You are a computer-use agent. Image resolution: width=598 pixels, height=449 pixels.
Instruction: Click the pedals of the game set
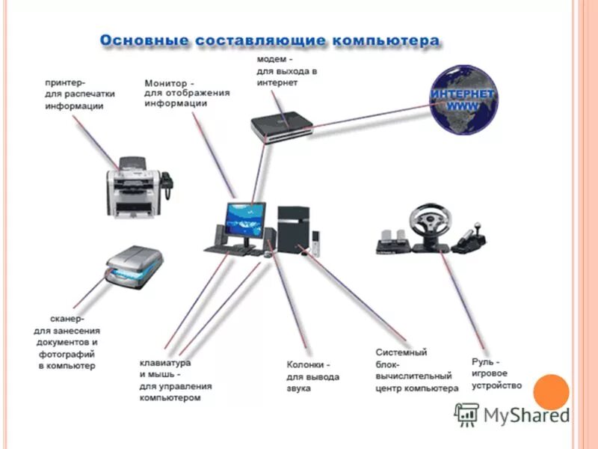[x=393, y=239]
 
